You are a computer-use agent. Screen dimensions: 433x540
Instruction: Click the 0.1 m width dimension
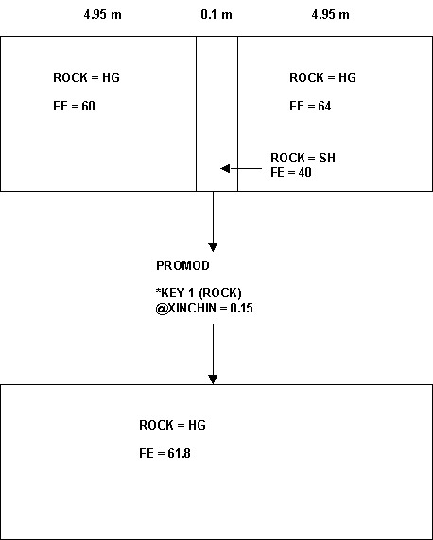(216, 15)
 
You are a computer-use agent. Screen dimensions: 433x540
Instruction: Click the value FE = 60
(74, 106)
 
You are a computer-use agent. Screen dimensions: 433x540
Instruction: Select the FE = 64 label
(310, 106)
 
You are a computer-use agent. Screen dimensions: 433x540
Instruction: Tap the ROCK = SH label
(303, 158)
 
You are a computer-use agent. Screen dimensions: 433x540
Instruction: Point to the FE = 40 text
(291, 172)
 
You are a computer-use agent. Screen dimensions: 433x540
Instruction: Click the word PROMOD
(182, 265)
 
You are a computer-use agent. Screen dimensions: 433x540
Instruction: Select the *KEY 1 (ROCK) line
(199, 293)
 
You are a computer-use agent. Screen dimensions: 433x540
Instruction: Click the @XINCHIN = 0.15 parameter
(204, 308)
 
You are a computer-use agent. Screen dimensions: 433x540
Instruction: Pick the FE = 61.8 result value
(165, 453)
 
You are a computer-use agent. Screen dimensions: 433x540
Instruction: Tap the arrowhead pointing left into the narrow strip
(225, 168)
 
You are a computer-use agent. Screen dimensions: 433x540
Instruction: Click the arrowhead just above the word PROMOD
(213, 247)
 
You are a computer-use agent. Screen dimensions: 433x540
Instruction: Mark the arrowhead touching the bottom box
(213, 380)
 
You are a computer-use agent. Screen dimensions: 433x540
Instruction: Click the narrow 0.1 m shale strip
(217, 113)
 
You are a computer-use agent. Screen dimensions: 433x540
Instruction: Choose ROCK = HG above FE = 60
(86, 77)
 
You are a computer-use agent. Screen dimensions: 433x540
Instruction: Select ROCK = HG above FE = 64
(322, 77)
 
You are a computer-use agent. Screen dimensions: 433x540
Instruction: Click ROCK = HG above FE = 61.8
(172, 425)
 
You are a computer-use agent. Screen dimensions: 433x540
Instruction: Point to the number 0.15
(241, 308)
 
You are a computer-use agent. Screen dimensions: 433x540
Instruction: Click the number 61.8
(179, 453)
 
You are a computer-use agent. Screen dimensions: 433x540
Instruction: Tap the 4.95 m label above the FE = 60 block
(102, 15)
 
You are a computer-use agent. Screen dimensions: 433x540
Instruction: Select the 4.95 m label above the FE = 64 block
(330, 15)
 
